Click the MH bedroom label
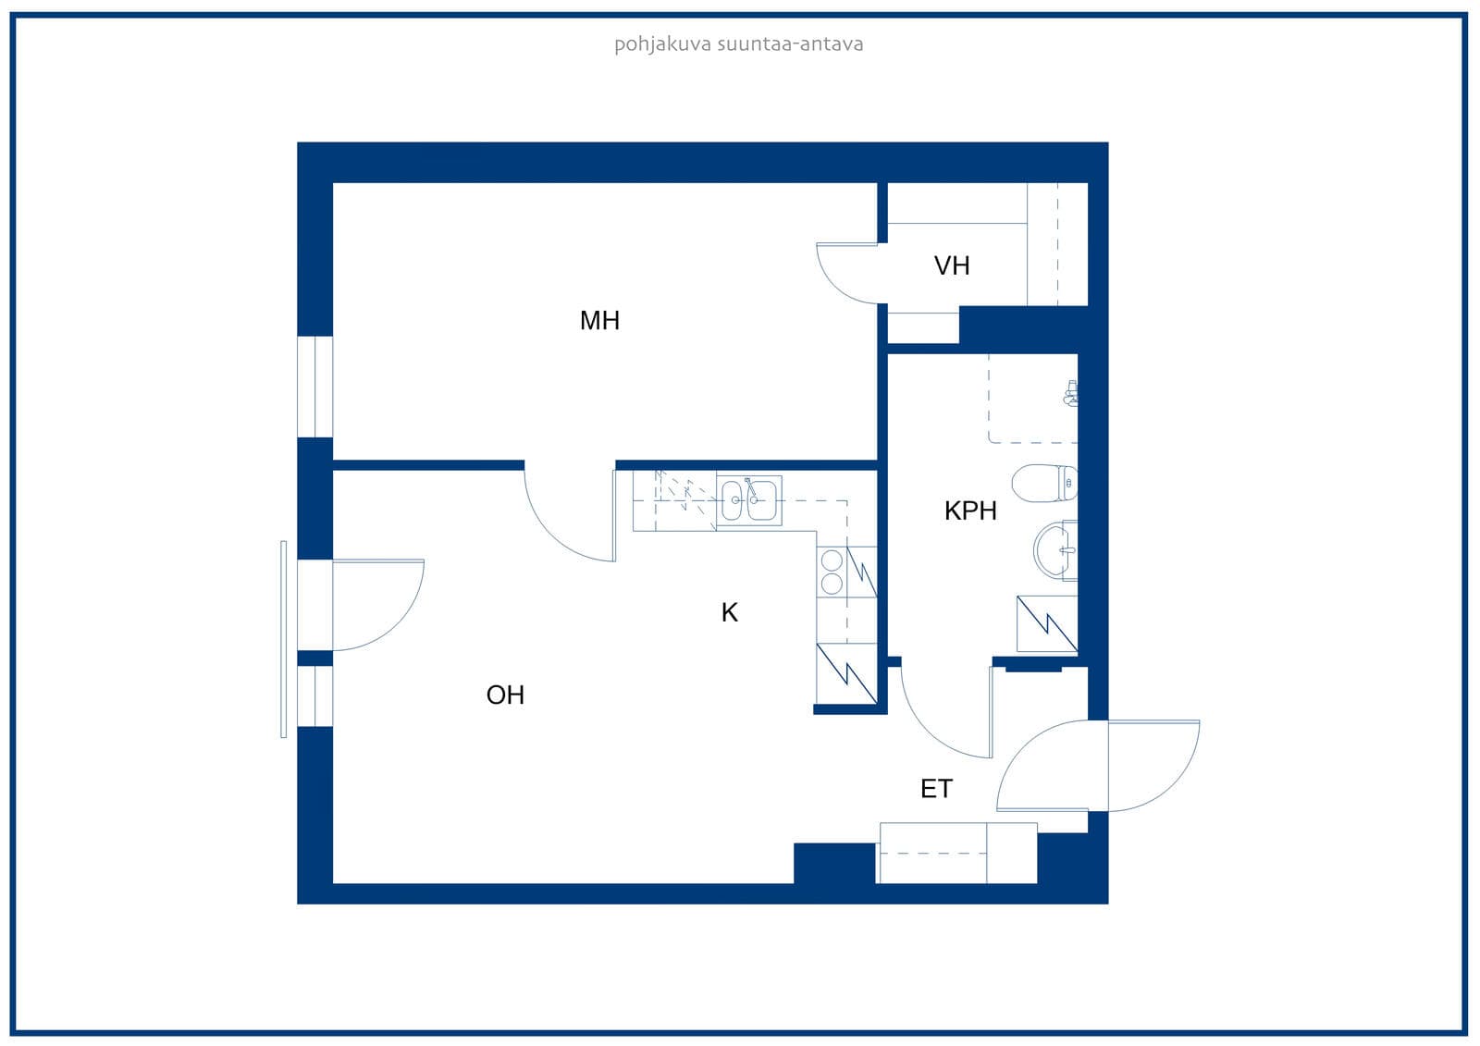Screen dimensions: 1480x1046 click(x=599, y=321)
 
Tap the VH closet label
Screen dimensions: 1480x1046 click(x=952, y=265)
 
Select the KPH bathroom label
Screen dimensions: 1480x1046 click(x=970, y=511)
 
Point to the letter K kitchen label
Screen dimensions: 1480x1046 click(x=729, y=612)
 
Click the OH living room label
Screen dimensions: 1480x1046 click(x=505, y=695)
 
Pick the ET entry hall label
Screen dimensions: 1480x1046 click(x=936, y=789)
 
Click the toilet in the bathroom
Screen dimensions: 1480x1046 click(x=1044, y=483)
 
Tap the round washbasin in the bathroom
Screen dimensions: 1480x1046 click(x=1055, y=550)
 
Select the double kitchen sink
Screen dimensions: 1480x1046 click(x=748, y=500)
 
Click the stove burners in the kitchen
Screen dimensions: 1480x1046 click(x=832, y=572)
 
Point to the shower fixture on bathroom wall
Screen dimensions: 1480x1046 click(x=1071, y=393)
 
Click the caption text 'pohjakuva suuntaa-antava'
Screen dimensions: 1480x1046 click(x=739, y=44)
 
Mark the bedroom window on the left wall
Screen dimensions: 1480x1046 click(x=314, y=387)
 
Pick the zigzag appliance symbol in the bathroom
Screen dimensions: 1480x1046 click(x=1047, y=623)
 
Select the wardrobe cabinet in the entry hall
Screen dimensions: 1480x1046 click(x=957, y=853)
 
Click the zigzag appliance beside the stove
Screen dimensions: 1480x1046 click(x=861, y=572)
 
